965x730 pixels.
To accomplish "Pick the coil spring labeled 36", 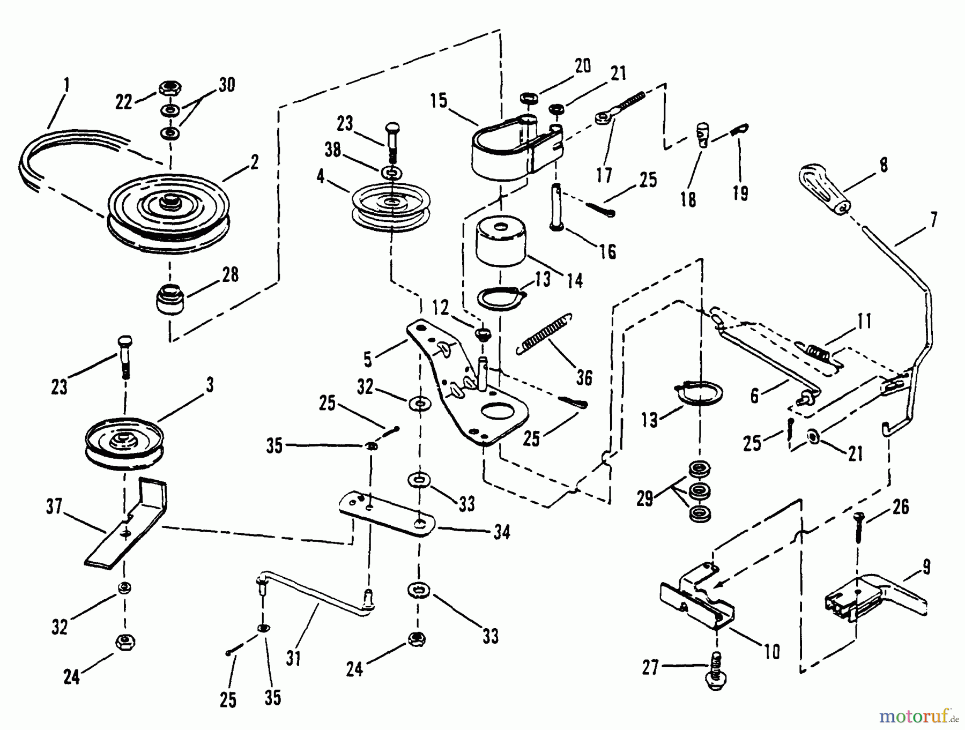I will pyautogui.click(x=545, y=332).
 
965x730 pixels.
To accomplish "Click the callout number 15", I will pyautogui.click(x=439, y=100).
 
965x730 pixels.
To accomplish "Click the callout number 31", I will pyautogui.click(x=293, y=658).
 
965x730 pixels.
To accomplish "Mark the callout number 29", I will pyautogui.click(x=645, y=498).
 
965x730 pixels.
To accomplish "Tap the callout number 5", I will pyautogui.click(x=367, y=360).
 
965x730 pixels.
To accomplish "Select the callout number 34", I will pyautogui.click(x=501, y=532).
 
